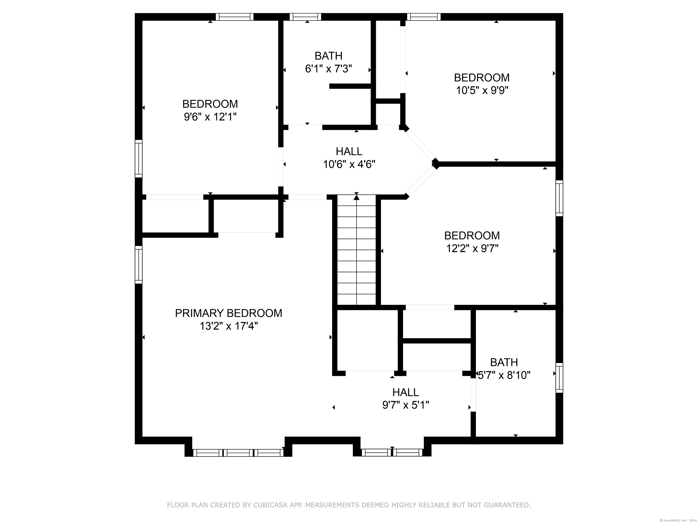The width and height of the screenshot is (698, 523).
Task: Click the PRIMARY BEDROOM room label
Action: [228, 313]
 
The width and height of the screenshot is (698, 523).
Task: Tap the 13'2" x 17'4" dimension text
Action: [228, 326]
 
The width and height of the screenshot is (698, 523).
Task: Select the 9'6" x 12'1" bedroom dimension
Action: [210, 117]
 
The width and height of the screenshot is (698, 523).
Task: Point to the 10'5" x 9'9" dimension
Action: [482, 91]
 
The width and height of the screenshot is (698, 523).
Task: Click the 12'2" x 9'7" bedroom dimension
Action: [472, 248]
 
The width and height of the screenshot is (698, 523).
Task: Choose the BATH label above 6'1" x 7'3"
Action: [329, 56]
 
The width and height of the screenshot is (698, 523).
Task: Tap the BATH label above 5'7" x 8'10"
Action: [504, 362]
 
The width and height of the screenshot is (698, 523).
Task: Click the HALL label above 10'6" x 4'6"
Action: [349, 151]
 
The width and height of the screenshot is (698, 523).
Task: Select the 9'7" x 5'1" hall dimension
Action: [406, 405]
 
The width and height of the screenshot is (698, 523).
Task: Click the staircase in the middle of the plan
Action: [356, 250]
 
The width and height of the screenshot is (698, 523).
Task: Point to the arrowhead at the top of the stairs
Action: [356, 197]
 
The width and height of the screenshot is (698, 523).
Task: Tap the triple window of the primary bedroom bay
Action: [238, 453]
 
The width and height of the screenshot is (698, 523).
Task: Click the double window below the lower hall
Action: [392, 453]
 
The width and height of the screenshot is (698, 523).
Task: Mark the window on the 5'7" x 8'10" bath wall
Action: [559, 378]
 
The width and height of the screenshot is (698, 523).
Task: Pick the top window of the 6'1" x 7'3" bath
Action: [305, 17]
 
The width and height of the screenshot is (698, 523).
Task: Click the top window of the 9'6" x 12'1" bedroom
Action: [234, 17]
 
